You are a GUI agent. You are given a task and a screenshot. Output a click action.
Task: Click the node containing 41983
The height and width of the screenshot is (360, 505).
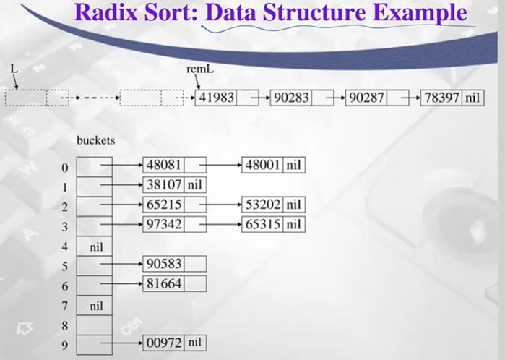coord(217,98)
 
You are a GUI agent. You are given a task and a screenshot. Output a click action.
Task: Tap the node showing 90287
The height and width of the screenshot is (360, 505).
coord(367,98)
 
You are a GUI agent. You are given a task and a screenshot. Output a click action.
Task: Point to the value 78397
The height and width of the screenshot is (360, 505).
coord(441,98)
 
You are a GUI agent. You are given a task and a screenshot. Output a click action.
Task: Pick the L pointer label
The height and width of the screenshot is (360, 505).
coord(13,68)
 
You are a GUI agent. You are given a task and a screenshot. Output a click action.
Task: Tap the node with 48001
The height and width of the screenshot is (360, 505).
coord(263,166)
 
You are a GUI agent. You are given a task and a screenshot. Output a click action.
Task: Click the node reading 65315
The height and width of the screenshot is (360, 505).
coord(263,223)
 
